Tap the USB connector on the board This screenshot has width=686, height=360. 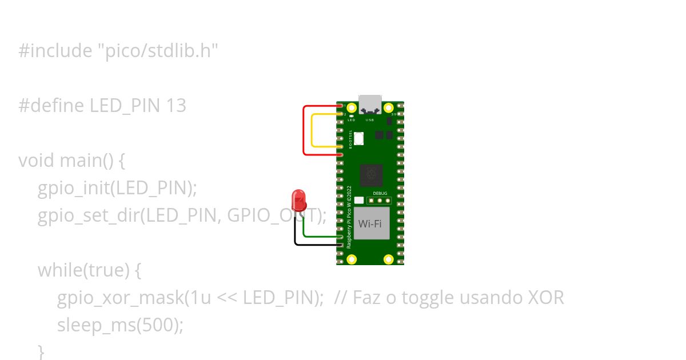pyautogui.click(x=370, y=103)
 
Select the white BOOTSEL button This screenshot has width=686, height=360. pyautogui.click(x=359, y=138)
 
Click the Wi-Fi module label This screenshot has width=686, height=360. pyautogui.click(x=370, y=224)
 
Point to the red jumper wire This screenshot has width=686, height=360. pyautogui.click(x=304, y=130)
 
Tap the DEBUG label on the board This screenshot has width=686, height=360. pyautogui.click(x=380, y=194)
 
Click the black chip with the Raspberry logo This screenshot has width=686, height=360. pyautogui.click(x=370, y=175)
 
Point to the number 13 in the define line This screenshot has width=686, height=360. pyautogui.click(x=177, y=106)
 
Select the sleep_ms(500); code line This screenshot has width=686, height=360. pyautogui.click(x=120, y=325)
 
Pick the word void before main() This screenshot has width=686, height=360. pyautogui.click(x=37, y=161)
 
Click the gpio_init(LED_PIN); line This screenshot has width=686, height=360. pyautogui.click(x=117, y=188)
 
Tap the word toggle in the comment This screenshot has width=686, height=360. pyautogui.click(x=425, y=298)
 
